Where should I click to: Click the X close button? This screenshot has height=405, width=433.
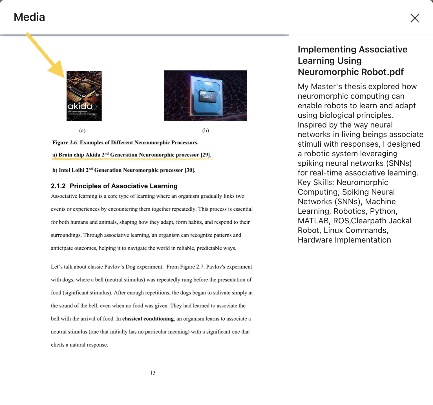[415, 18]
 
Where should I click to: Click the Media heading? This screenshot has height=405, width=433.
[29, 17]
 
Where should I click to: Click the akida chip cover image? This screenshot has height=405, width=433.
[84, 96]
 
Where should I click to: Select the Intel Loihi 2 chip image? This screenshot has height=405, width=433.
[206, 96]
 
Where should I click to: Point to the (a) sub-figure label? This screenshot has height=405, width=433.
[82, 130]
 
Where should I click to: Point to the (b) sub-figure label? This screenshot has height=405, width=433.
[206, 130]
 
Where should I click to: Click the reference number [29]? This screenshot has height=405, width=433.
[206, 155]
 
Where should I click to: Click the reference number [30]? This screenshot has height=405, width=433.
[190, 170]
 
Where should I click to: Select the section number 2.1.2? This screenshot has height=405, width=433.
[58, 186]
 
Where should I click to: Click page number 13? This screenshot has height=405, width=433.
[153, 373]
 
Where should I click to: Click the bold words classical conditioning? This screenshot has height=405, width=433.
[148, 319]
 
